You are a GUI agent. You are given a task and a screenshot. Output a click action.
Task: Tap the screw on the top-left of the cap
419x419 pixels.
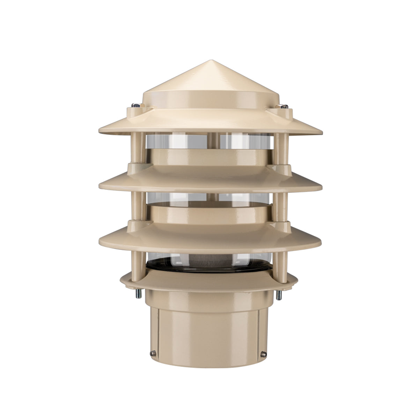pos(135,105)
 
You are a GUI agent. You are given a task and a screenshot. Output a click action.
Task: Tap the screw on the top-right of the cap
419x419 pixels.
pos(285,107)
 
